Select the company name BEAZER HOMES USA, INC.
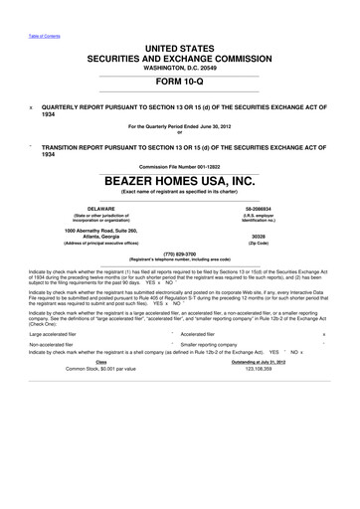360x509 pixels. point(180,182)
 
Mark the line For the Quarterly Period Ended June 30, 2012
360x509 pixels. point(180,128)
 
